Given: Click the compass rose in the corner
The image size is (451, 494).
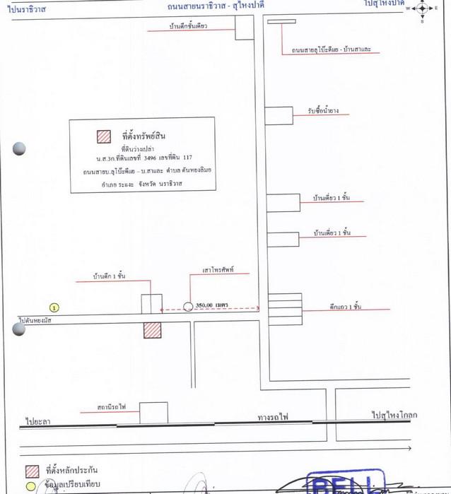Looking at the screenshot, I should [422, 9].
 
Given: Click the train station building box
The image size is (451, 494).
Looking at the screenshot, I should [153, 413].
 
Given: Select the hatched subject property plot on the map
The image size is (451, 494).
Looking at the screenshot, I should [152, 330].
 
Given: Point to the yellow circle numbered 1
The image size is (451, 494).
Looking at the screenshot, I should [55, 307].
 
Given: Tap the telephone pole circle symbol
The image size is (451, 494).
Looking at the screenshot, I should [187, 307].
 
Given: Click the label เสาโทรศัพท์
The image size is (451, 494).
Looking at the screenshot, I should [218, 270].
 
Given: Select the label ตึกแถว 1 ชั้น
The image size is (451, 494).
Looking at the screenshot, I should [345, 306].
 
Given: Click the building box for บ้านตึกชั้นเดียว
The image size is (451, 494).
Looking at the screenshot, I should [245, 28].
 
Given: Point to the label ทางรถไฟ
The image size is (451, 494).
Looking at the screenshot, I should [272, 418].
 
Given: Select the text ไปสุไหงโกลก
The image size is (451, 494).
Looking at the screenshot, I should [394, 416].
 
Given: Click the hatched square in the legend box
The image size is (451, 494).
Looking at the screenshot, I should [104, 136].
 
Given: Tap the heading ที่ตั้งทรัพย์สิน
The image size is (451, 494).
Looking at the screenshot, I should [143, 134].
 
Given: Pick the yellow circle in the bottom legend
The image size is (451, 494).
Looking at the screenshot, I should [30, 486].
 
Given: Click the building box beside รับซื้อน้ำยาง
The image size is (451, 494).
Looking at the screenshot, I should [279, 115].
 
